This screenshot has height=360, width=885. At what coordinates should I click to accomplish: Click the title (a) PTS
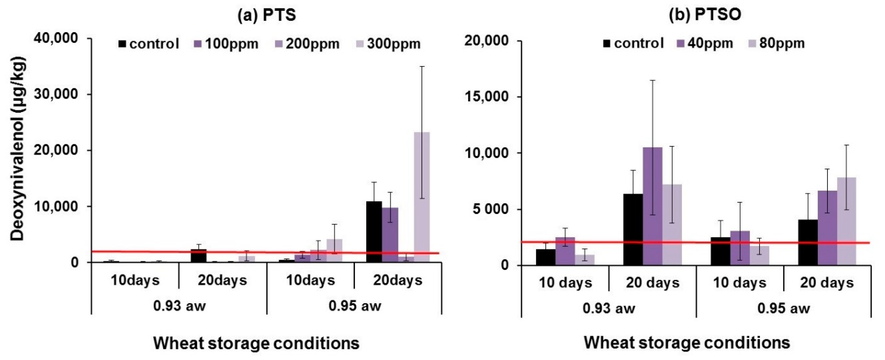tap(267, 15)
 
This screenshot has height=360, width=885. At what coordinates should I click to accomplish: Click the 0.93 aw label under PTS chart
tap(179, 305)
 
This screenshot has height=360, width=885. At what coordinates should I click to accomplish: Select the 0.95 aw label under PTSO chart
tap(784, 308)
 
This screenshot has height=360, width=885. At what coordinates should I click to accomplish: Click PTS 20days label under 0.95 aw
tap(398, 281)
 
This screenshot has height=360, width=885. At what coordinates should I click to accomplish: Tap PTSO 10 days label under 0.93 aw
tap(565, 283)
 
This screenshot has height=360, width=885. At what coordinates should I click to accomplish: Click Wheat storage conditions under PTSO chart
tap(687, 343)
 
